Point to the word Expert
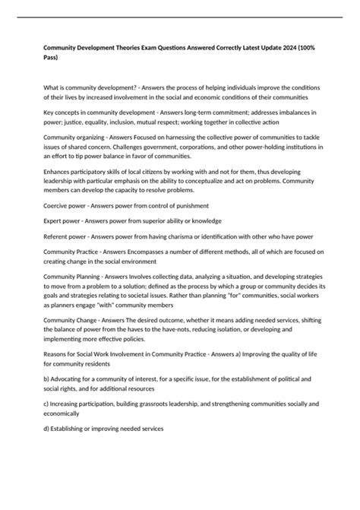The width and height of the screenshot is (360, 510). [54, 221]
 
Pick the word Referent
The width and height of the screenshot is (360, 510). [58, 236]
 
